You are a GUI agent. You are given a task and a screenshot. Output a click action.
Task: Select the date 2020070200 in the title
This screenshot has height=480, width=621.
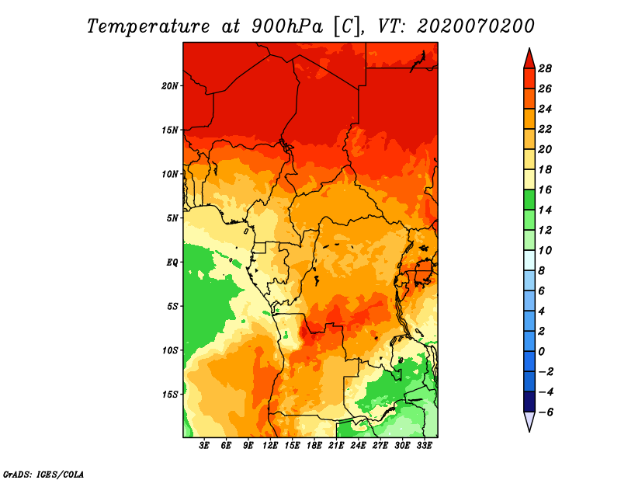click(476, 26)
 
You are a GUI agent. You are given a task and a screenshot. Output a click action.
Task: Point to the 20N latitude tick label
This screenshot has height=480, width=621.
click(170, 85)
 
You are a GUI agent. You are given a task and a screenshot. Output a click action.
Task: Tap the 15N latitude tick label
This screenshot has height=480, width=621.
click(170, 130)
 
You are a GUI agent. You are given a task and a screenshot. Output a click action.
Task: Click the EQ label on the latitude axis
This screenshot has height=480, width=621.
click(172, 262)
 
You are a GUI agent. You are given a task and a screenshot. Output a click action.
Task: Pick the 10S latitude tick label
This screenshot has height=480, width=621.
click(170, 350)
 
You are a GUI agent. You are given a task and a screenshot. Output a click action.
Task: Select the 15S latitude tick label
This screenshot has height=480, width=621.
click(170, 395)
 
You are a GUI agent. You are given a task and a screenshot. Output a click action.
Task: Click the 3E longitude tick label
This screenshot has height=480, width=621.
click(204, 446)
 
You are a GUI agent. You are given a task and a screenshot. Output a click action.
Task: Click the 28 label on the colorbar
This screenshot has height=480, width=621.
click(545, 68)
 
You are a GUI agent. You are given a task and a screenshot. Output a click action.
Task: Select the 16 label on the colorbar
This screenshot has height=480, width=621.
click(545, 190)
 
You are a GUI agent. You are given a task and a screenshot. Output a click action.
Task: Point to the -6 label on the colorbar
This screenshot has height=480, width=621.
click(546, 412)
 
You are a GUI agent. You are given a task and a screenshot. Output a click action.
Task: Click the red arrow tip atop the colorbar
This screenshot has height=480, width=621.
click(529, 57)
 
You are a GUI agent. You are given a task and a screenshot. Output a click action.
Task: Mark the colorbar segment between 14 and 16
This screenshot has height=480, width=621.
click(529, 200)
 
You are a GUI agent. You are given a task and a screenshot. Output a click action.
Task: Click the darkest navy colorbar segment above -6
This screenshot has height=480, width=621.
click(529, 402)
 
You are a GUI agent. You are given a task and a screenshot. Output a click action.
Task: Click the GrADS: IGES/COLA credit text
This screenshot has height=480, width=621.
click(43, 473)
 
